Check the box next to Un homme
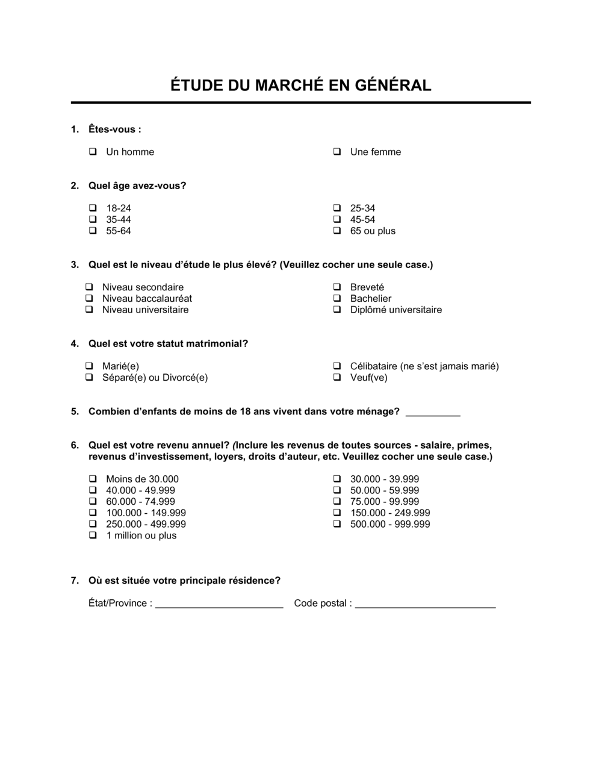pyautogui.click(x=93, y=152)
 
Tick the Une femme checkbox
pyautogui.click(x=337, y=152)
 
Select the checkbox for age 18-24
pyautogui.click(x=93, y=208)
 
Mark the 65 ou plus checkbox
pyautogui.click(x=337, y=231)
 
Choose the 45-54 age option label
pyautogui.click(x=362, y=220)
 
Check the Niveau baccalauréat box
pyautogui.click(x=89, y=299)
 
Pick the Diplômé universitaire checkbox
pyautogui.click(x=337, y=310)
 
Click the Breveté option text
pyautogui.click(x=367, y=287)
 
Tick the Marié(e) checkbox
pyautogui.click(x=89, y=366)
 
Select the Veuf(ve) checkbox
pyautogui.click(x=337, y=378)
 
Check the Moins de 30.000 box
pyautogui.click(x=93, y=479)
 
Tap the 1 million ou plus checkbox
pyautogui.click(x=93, y=535)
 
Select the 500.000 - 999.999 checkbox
pyautogui.click(x=337, y=525)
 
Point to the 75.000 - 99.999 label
pyautogui.click(x=384, y=502)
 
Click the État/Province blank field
pyautogui.click(x=219, y=605)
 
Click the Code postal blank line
pyautogui.click(x=425, y=605)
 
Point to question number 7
pyautogui.click(x=75, y=581)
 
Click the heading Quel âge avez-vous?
pyautogui.click(x=137, y=186)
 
